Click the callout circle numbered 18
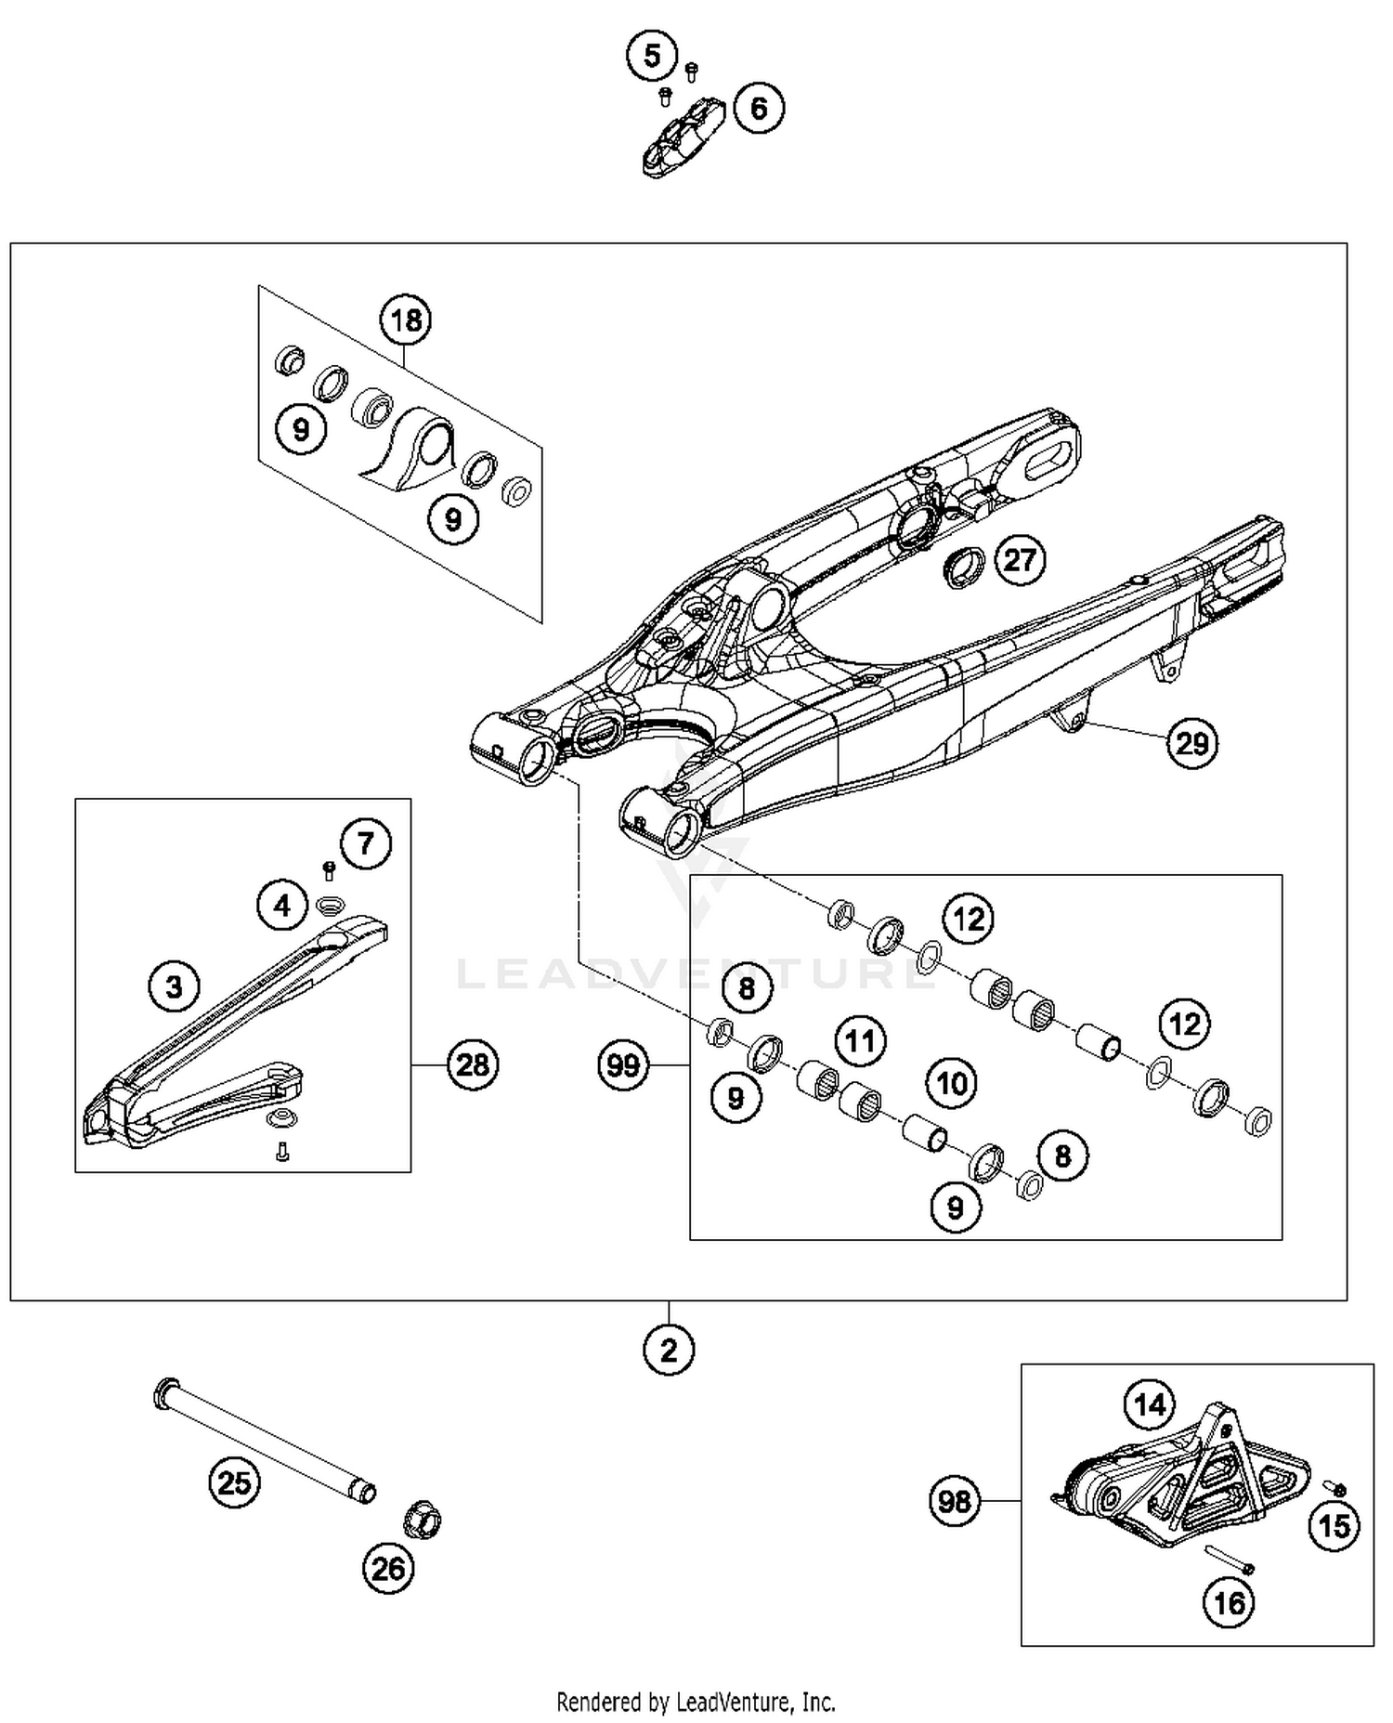click(406, 320)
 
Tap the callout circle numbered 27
click(1019, 560)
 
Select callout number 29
click(1192, 743)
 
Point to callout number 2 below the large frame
click(669, 1351)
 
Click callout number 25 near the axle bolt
click(234, 1482)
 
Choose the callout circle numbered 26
click(388, 1569)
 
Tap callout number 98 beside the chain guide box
click(955, 1502)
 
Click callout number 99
click(623, 1065)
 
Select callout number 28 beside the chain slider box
click(473, 1064)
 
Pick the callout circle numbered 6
click(759, 108)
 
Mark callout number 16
click(1229, 1602)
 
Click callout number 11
click(860, 1040)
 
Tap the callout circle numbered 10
click(951, 1083)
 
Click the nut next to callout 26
click(422, 1520)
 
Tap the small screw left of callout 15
click(1338, 1490)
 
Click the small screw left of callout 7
click(328, 869)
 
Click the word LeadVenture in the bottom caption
click(739, 1702)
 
